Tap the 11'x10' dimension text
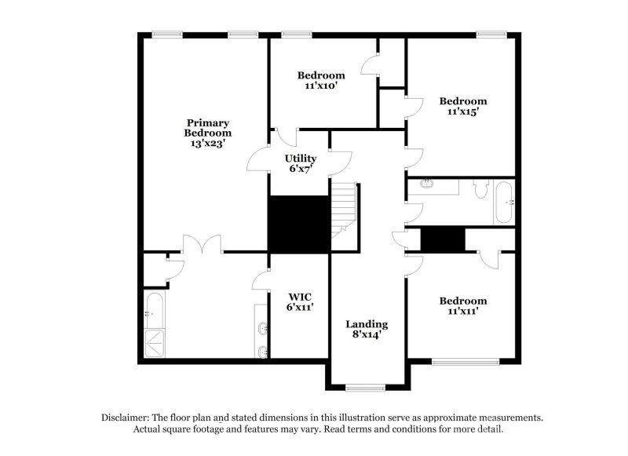point(320,86)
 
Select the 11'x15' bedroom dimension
point(462,112)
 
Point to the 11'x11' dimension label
point(462,312)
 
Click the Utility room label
point(300,159)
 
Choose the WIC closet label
point(299,296)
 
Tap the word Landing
point(367,324)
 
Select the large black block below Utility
point(298,224)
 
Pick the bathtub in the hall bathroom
point(504,202)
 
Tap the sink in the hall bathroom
point(426,184)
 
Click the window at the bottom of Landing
point(367,387)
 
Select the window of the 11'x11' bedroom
point(466,361)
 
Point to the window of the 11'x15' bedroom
point(491,34)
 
